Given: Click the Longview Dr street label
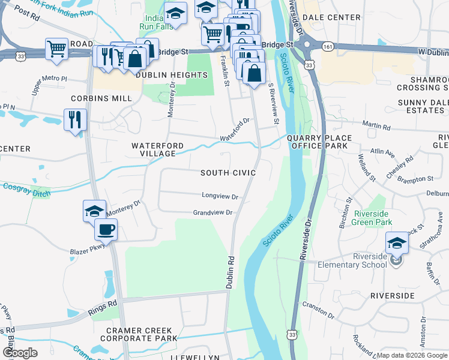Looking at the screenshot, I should click(x=220, y=196).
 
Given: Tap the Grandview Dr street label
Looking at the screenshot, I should click(x=212, y=213).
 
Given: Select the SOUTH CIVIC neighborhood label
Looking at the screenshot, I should click(x=228, y=173).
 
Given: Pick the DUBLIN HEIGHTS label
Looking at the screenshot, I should click(x=171, y=75).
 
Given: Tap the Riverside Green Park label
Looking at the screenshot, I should click(x=372, y=218).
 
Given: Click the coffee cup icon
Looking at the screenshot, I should click(x=106, y=229).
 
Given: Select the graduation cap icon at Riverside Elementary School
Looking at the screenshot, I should click(x=396, y=243).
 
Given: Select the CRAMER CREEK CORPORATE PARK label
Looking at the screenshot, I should click(x=142, y=334).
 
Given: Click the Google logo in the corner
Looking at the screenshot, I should click(x=20, y=353).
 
